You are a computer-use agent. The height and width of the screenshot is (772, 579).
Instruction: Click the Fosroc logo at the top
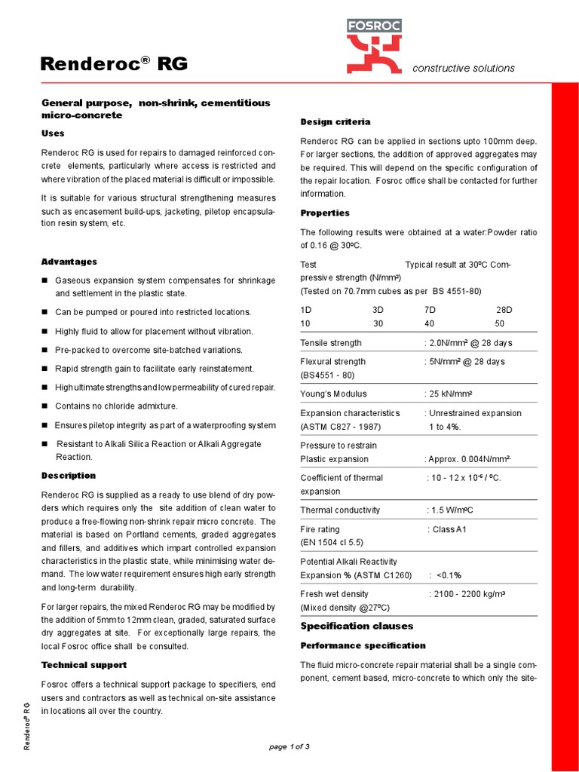coord(374,48)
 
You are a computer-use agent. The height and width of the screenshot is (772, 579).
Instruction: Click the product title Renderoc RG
coord(114,66)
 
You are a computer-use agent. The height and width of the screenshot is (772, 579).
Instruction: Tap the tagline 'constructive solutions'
coord(463,68)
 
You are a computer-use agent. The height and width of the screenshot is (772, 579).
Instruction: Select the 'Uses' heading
coord(53,133)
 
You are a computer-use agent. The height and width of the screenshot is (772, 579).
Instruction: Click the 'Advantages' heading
coord(69,262)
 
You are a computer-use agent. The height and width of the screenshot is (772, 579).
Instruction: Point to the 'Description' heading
coord(68,476)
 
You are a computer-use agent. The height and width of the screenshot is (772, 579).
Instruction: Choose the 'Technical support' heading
coord(84,665)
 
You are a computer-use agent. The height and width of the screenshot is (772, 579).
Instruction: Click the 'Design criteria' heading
coord(335,122)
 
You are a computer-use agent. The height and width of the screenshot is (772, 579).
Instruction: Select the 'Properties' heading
coord(325,213)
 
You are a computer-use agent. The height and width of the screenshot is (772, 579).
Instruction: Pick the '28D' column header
coord(504,310)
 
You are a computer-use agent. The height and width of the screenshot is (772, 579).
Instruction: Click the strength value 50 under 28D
coord(499,323)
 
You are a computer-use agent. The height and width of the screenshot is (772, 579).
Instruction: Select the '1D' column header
coord(305,310)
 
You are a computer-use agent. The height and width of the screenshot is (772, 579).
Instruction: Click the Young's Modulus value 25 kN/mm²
coord(451,394)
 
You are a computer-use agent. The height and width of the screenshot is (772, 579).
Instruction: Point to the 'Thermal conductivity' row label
coord(340,510)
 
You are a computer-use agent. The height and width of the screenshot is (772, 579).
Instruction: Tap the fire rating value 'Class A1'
coord(450,529)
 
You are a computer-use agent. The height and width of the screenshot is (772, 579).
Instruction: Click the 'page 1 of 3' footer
coord(289,746)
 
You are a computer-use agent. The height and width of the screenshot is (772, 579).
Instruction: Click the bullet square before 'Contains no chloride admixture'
coord(44,406)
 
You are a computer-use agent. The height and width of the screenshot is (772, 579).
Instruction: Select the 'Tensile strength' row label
coord(331,343)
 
